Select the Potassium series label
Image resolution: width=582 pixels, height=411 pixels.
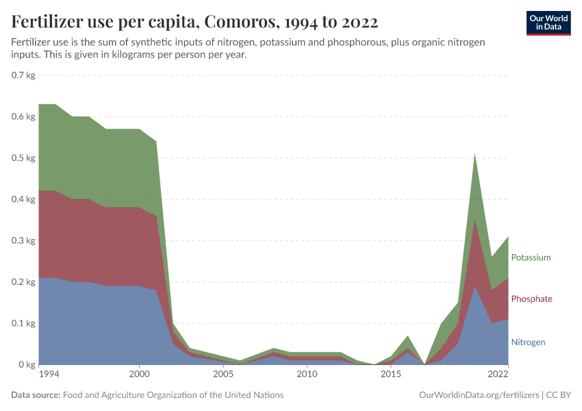pos(531,258)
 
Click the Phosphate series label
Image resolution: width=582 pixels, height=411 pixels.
pos(531,299)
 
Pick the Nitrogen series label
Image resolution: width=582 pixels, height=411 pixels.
pos(528,342)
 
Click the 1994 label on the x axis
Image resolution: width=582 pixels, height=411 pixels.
pos(48,375)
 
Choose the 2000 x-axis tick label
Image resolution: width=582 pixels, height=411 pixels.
pos(140,375)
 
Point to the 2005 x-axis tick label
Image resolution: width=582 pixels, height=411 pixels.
pos(223,375)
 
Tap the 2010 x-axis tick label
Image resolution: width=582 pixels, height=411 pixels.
pos(307,375)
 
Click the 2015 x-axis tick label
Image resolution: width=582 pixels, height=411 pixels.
pos(391,375)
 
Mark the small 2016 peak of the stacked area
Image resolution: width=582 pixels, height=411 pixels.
pos(408,336)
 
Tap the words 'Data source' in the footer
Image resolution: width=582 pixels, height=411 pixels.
pos(35,395)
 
